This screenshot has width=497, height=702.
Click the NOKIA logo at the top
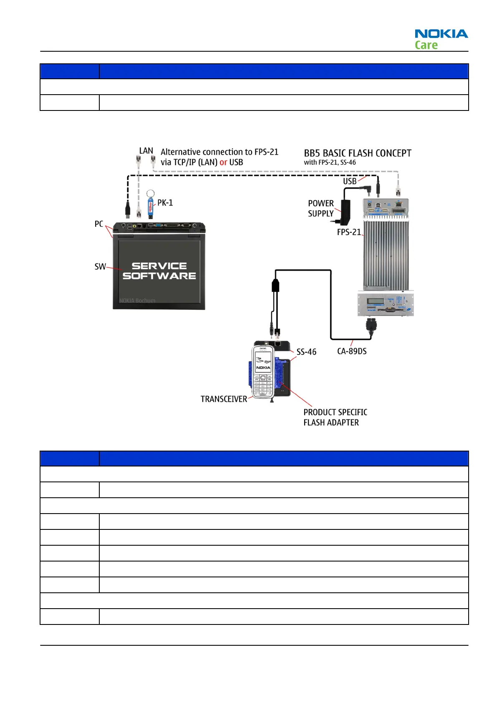(x=441, y=34)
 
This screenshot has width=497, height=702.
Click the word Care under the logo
(x=426, y=45)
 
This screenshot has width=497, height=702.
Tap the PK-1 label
(x=165, y=203)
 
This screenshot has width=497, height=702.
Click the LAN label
(x=146, y=150)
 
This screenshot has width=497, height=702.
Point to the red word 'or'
(x=223, y=162)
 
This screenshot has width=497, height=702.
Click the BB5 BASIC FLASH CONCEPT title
(x=357, y=153)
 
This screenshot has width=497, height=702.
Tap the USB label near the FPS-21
(x=350, y=181)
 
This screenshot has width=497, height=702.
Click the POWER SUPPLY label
(x=321, y=208)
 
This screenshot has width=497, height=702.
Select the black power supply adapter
(x=346, y=211)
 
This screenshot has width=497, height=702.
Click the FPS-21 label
(x=349, y=232)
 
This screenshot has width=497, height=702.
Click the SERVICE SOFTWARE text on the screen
(x=159, y=271)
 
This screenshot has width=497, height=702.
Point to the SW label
(x=100, y=267)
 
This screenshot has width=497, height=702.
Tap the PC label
(x=99, y=224)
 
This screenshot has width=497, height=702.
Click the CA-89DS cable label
(x=352, y=351)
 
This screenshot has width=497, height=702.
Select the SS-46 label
(x=306, y=352)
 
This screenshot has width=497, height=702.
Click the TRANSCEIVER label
(x=224, y=399)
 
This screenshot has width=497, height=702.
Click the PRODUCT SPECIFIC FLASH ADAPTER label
(x=335, y=417)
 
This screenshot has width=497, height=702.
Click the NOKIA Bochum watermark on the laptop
(x=137, y=301)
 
